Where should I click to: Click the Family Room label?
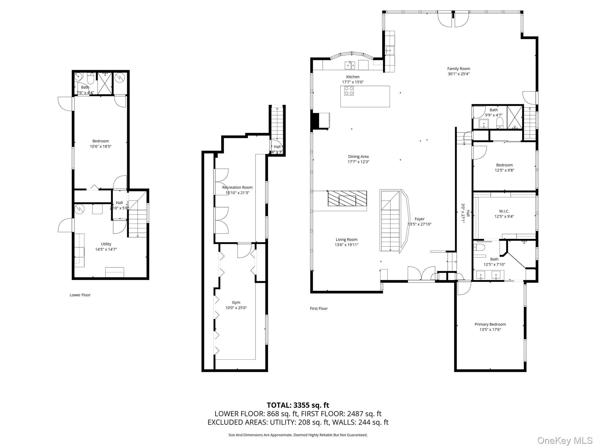[x=458, y=69]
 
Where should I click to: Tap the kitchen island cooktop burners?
[x=349, y=91]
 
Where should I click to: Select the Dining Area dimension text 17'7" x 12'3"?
[x=358, y=162]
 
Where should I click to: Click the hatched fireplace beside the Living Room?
[x=347, y=198]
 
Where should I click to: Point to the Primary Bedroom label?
[x=490, y=324]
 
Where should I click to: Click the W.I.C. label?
[x=504, y=211]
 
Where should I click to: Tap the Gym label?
[x=236, y=302]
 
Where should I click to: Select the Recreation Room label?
[x=237, y=187]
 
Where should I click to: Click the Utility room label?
[x=106, y=244]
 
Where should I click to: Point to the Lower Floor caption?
[x=80, y=295]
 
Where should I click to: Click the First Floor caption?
[x=319, y=308]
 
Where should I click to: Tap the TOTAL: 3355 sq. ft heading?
[x=298, y=405]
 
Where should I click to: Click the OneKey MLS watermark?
[x=565, y=440]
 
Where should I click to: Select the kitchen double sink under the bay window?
[x=350, y=65]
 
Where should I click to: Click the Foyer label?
[x=419, y=219]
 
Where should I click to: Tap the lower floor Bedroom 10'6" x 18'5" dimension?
[x=101, y=146]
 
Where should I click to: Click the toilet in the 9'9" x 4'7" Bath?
[x=499, y=123]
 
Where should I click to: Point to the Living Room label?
[x=346, y=240]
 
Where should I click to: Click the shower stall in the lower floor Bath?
[x=105, y=84]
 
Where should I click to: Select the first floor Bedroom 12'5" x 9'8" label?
[x=504, y=165]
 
